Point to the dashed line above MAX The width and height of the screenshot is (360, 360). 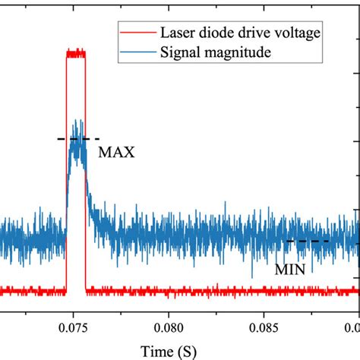(78, 139)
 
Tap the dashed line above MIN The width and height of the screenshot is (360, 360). (308, 242)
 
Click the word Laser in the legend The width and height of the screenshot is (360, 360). (175, 33)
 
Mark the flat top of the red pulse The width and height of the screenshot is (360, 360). (76, 54)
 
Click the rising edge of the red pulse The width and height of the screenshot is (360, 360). (66, 175)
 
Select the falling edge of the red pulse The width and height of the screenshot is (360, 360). (86, 175)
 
